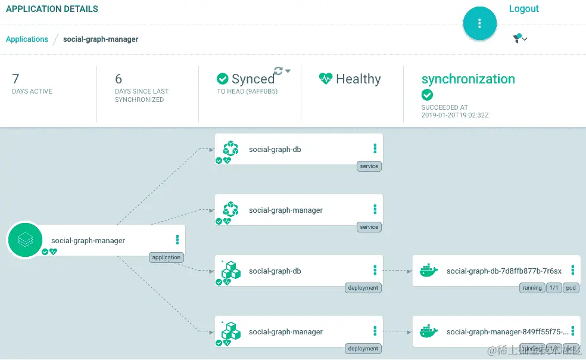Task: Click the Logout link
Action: pos(523,9)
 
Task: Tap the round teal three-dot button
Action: pos(479,23)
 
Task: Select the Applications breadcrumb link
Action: pos(27,39)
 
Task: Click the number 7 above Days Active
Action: pos(15,79)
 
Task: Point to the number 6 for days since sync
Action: pos(119,79)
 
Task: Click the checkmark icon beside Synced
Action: pos(223,79)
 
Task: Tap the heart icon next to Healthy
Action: pos(325,79)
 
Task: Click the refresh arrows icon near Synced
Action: pos(278,71)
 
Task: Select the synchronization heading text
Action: pos(468,79)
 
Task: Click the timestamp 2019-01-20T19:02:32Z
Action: pos(455,116)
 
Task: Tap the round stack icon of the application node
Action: pos(25,240)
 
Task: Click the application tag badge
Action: pos(166,257)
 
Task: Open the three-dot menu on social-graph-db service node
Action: pos(375,148)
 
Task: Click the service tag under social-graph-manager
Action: pos(369,227)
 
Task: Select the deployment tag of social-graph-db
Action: pos(363,288)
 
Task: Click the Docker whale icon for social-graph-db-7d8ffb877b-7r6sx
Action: pos(429,271)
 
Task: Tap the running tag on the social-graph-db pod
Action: pos(532,288)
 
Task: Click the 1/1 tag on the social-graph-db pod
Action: pos(554,288)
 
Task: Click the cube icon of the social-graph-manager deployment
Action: pos(230,331)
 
